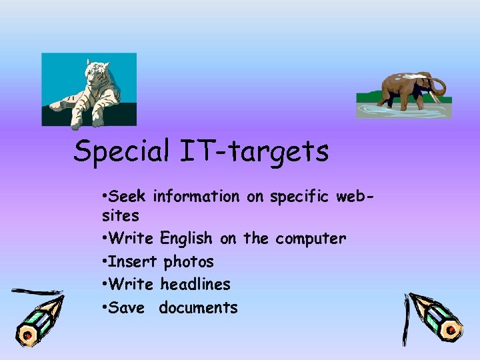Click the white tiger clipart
88,89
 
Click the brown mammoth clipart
407,91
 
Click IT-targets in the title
253,151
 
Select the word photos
189,261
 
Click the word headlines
195,284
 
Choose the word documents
198,307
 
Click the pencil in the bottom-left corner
37,317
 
